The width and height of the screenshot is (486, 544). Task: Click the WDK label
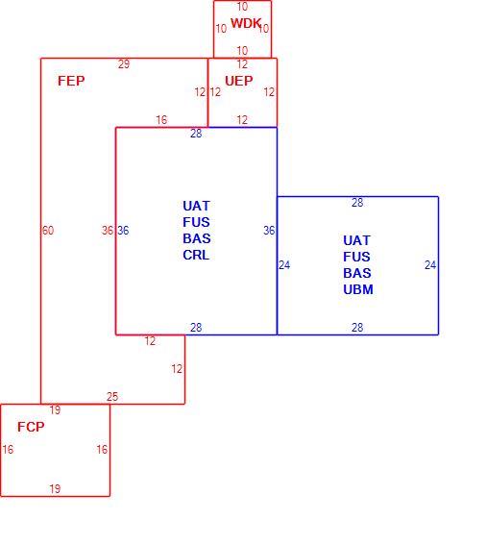pyautogui.click(x=246, y=23)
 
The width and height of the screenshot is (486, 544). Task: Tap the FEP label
pyautogui.click(x=71, y=81)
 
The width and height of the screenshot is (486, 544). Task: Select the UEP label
pyautogui.click(x=238, y=81)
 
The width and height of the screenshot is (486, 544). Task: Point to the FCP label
pyautogui.click(x=31, y=427)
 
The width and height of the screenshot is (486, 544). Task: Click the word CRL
pyautogui.click(x=196, y=255)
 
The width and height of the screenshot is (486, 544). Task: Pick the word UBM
pyautogui.click(x=358, y=289)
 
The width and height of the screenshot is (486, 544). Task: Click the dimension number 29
pyautogui.click(x=124, y=64)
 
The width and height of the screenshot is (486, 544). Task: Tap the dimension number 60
pyautogui.click(x=48, y=231)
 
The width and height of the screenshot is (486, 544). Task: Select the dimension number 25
pyautogui.click(x=112, y=397)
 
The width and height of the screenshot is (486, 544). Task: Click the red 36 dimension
pyautogui.click(x=108, y=231)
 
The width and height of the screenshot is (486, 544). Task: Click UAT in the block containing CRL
pyautogui.click(x=196, y=206)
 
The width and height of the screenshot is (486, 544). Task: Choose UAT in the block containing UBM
pyautogui.click(x=356, y=240)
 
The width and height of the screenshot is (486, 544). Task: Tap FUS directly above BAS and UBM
pyautogui.click(x=356, y=257)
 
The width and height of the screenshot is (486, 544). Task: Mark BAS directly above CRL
pyautogui.click(x=197, y=238)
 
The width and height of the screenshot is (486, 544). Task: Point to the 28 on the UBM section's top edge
pyautogui.click(x=357, y=203)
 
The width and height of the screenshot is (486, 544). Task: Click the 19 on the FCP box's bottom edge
pyautogui.click(x=55, y=489)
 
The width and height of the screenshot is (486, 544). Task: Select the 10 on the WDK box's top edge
pyautogui.click(x=242, y=7)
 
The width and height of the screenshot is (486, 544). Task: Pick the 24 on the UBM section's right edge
pyautogui.click(x=430, y=265)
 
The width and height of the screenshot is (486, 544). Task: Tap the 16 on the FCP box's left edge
pyautogui.click(x=8, y=450)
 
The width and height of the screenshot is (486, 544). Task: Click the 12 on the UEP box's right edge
pyautogui.click(x=269, y=92)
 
